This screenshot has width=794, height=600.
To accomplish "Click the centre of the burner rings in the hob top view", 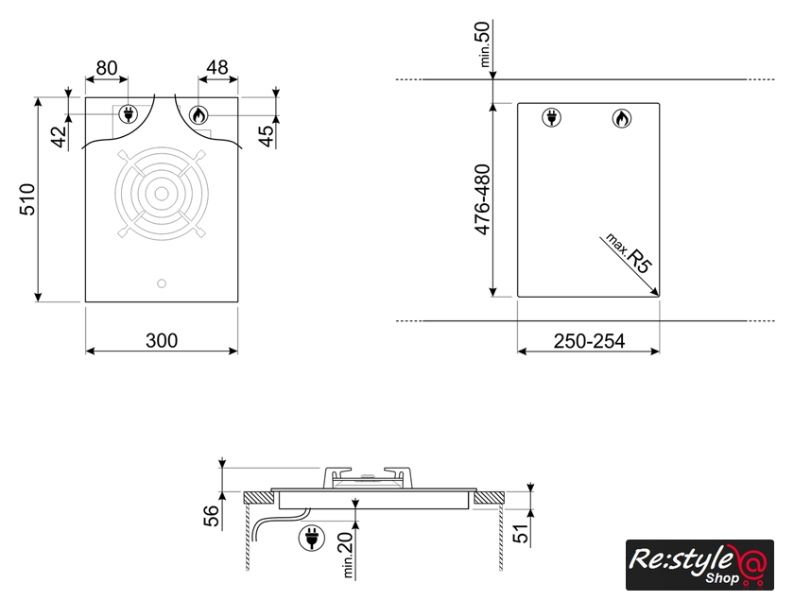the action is tap(162, 194).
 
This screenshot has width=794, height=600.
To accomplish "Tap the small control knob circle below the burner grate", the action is tap(162, 283).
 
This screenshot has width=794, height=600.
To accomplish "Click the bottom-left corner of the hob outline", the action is tap(85, 302).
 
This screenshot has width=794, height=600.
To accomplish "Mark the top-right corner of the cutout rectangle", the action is tap(660, 103).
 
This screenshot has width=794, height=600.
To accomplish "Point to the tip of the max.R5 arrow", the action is tap(658, 296).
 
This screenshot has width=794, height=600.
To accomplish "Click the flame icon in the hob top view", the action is tap(198, 115).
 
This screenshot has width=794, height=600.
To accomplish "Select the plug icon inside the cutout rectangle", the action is tap(551, 117).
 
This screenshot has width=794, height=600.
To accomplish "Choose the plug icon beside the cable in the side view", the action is tap(311, 538).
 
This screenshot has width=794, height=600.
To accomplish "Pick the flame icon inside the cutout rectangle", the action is tap(621, 118).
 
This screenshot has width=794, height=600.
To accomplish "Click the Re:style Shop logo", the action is tap(699, 564).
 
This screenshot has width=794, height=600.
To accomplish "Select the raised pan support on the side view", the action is tap(368, 477).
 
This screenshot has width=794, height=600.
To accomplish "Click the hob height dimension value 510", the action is tap(27, 199).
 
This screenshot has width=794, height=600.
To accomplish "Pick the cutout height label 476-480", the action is tap(483, 199).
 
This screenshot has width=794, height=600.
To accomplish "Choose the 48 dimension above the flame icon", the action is tap(217, 67).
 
